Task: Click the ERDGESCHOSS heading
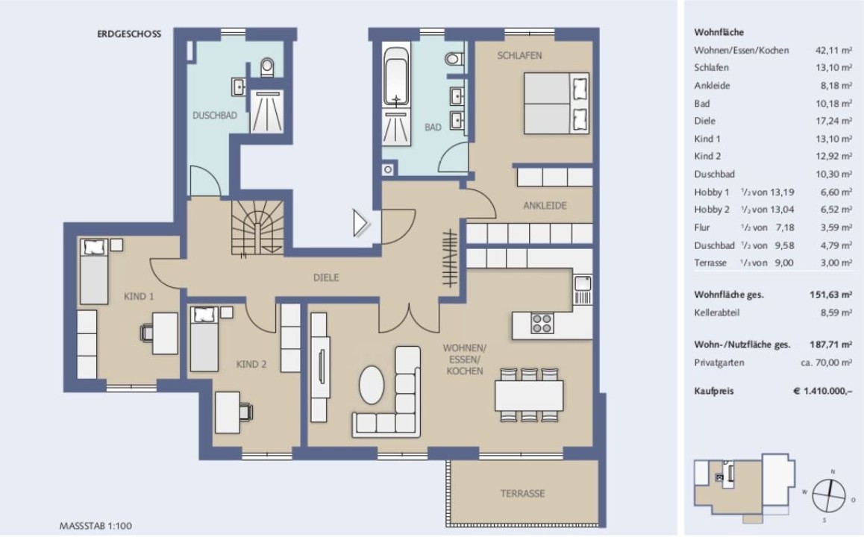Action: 129,34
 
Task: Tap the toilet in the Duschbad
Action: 267,67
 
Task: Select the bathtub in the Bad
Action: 396,76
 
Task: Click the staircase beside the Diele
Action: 257,227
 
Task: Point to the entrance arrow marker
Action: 360,224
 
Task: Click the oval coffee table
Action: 372,385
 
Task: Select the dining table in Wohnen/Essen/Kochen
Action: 529,395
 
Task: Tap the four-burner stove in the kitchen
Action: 542,323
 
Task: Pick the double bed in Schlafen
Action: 557,104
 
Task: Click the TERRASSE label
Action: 522,494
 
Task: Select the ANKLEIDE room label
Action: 545,205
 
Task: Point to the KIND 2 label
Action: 251,364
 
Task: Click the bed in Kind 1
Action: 94,271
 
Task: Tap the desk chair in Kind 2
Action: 245,412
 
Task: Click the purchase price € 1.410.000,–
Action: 823,391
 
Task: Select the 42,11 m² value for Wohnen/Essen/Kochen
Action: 833,50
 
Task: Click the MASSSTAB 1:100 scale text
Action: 96,526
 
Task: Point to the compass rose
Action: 829,495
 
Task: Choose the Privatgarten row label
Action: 719,362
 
